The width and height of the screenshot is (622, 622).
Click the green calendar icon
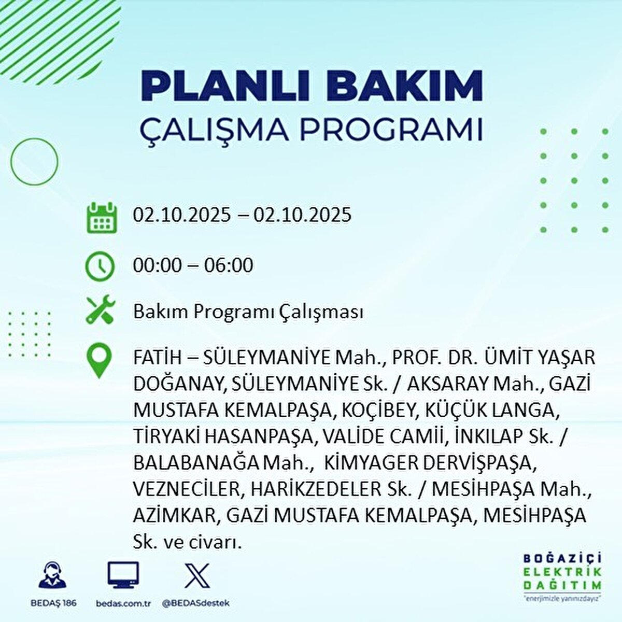coord(102,217)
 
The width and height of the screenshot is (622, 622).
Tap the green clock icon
coord(100,266)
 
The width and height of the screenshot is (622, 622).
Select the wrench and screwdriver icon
coord(101,309)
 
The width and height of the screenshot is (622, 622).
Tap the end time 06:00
coord(229,265)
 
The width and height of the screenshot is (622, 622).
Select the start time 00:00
coord(158,265)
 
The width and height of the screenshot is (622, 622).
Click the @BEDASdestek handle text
coord(196,603)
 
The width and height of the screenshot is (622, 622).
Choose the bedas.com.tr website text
coord(123,603)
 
